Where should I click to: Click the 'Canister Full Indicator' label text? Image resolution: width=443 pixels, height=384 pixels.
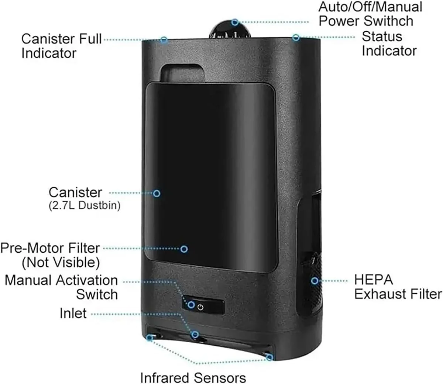61,46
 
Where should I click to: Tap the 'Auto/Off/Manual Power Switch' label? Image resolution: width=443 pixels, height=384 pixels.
370,14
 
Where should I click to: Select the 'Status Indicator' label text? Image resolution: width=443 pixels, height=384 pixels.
389,44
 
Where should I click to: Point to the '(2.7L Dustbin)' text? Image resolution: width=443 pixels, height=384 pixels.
85,205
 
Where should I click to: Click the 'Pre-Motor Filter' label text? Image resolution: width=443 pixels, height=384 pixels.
50,248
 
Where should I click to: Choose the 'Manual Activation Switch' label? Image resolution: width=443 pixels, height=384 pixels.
61,287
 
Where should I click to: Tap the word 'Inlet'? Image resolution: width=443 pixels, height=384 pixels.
73,313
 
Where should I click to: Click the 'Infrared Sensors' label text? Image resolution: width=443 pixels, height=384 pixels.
193,378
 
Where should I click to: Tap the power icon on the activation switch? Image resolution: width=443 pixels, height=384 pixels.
200,307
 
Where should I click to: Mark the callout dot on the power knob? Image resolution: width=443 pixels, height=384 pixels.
235,22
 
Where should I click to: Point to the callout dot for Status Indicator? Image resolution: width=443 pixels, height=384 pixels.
296,37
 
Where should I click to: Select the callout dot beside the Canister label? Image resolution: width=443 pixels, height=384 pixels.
157,193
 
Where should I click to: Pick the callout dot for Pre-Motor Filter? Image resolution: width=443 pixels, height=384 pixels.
184,249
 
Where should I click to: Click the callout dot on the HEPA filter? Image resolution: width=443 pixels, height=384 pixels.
315,281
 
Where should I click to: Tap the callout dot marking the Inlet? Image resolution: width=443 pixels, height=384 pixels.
195,335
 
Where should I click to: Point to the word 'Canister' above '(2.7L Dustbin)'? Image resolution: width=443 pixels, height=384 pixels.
75,192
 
